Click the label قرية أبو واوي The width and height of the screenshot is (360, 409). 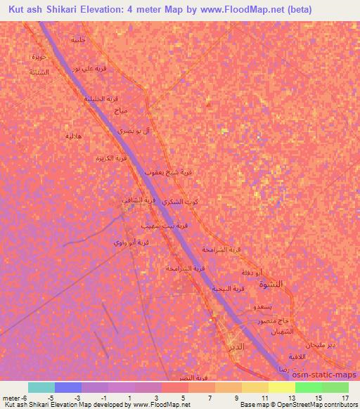(x=131, y=243)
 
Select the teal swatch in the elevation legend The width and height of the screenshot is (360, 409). (x=41, y=387)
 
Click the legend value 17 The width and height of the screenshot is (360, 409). (x=345, y=398)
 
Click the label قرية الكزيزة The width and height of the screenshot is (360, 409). (x=112, y=158)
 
